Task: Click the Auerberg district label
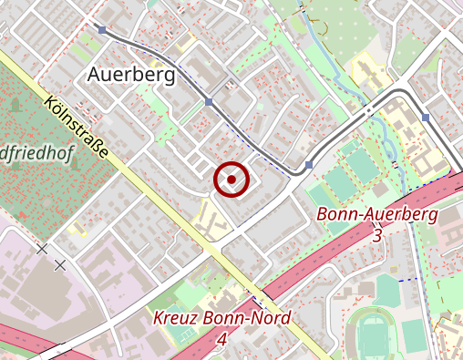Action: coord(131,76)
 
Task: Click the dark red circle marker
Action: coord(232,180)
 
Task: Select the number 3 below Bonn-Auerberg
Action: coord(377,235)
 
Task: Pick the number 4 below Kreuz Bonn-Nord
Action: coord(221,339)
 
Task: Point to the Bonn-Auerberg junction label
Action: coord(377,215)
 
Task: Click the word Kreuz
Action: coord(175,319)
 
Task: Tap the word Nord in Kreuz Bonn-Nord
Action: coord(270,319)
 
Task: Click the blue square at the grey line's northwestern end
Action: coord(102,30)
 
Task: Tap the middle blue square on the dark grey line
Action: coord(209,101)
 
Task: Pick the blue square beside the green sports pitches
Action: coord(309,165)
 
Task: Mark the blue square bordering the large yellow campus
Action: coord(426,118)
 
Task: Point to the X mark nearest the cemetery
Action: coord(42,248)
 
